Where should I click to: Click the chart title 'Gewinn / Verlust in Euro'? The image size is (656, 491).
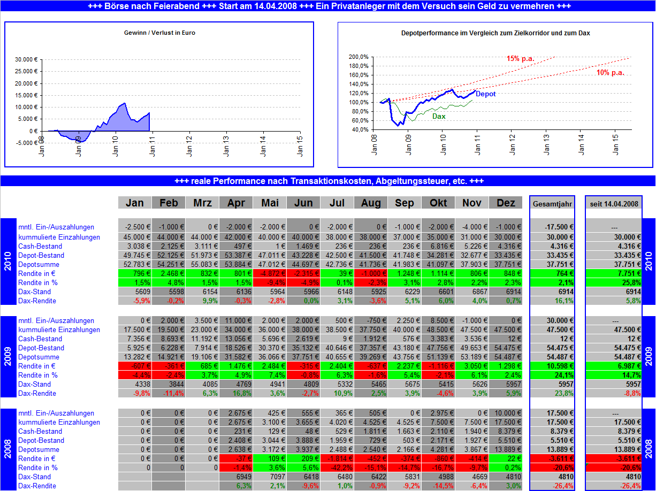point(159,33)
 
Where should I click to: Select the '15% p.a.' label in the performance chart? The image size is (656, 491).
point(520,58)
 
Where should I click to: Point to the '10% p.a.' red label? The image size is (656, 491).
point(610,73)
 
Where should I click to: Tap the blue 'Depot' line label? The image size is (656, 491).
point(485,94)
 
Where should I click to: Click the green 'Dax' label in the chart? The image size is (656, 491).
point(439,116)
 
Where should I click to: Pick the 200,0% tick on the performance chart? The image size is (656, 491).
point(358,57)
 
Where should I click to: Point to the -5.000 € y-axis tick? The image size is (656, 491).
point(25,143)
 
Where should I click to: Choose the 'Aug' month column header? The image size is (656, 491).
point(371,203)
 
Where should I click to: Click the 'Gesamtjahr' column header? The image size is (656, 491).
point(552,203)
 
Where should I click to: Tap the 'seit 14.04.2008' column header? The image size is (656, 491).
point(613,203)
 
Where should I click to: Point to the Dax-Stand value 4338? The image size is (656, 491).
point(135,385)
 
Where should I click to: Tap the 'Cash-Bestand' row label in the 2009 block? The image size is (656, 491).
point(40,339)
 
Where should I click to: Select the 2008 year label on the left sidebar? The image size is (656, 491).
point(8,449)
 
